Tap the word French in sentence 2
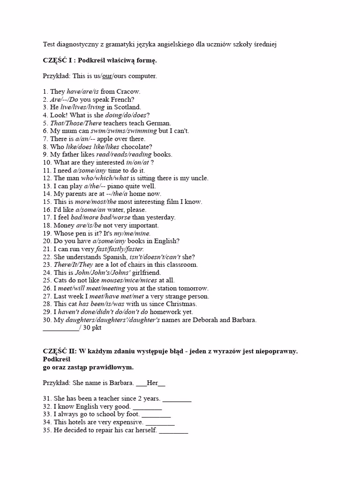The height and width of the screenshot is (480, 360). (123, 99)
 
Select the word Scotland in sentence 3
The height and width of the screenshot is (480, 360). (127, 107)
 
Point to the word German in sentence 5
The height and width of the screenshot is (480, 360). (158, 123)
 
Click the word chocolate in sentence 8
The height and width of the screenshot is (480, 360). (136, 147)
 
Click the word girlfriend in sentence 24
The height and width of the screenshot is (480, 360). (145, 272)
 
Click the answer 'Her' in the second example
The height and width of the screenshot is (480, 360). (152, 383)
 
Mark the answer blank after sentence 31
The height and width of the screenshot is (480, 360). (177, 399)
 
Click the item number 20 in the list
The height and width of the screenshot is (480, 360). (46, 241)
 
